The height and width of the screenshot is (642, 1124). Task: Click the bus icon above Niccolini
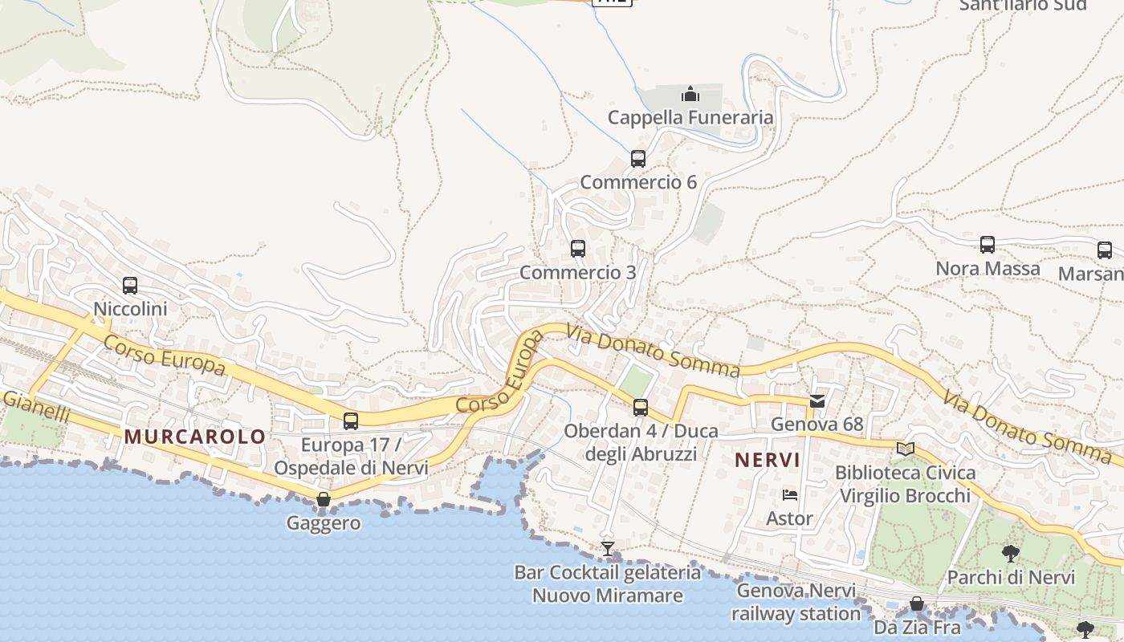(x=130, y=285)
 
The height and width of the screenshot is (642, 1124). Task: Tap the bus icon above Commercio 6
(x=638, y=159)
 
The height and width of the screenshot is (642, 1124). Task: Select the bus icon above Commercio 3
(x=578, y=249)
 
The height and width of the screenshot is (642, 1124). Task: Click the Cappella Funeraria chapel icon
(x=690, y=95)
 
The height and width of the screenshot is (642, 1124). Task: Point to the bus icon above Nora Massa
(x=988, y=245)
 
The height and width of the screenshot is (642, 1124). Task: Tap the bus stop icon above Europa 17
(x=351, y=421)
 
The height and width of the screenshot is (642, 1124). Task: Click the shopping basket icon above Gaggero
(x=324, y=500)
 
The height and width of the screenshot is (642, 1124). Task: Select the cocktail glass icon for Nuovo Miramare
(x=608, y=549)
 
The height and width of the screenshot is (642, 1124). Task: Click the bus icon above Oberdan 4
(x=641, y=408)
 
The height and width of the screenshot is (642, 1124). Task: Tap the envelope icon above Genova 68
(x=817, y=400)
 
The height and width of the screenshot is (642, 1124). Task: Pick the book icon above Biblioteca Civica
(x=906, y=449)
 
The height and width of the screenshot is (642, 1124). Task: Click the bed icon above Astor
(x=790, y=494)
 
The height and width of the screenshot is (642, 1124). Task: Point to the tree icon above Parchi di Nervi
(x=1011, y=553)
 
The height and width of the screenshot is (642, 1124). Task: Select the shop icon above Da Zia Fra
(x=917, y=603)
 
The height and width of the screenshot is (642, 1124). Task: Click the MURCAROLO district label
(x=195, y=437)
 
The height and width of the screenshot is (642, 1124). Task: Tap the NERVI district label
(x=768, y=460)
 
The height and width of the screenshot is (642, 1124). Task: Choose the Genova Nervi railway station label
(x=796, y=603)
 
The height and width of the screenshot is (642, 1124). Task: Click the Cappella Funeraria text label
(x=690, y=118)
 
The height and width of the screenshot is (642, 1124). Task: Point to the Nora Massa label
(x=988, y=269)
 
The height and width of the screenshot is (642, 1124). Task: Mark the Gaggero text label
(x=324, y=523)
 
